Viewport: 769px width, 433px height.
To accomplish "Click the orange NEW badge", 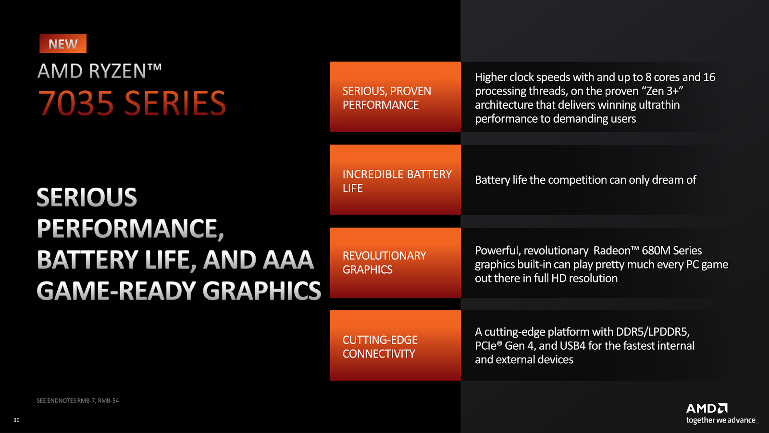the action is [63, 43].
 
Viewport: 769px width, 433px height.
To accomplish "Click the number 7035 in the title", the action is [75, 103].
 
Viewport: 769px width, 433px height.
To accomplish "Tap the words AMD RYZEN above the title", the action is [92, 71].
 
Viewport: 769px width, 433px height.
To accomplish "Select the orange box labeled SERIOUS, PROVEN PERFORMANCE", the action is [395, 97].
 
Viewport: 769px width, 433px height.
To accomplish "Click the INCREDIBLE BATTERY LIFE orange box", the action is [395, 180].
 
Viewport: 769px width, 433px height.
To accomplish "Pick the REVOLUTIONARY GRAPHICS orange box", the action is [395, 263].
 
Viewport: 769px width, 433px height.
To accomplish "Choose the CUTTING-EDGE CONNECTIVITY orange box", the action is [395, 345].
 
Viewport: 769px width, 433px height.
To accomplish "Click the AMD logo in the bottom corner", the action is [707, 408].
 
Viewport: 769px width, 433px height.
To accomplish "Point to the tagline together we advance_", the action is [722, 420].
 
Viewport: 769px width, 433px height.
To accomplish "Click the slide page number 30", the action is [16, 420].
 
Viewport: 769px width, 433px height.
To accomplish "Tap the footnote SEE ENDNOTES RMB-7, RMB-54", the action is [77, 400].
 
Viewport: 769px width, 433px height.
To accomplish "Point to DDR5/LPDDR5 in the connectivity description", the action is [653, 332].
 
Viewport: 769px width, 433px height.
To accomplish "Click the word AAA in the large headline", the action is [288, 259].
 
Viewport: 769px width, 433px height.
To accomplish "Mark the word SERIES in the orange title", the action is [175, 103].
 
